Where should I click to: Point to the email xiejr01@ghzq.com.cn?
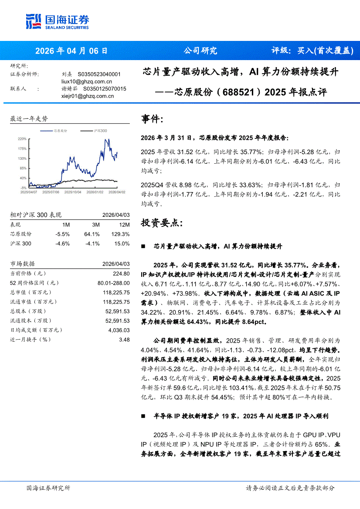click(88, 96)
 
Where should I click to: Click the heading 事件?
click(153, 119)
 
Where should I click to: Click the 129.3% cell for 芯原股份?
click(120, 234)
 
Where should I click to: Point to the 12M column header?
click(124, 225)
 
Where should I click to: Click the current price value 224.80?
click(121, 273)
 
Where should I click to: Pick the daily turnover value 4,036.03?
click(118, 330)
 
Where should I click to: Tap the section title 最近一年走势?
click(29, 118)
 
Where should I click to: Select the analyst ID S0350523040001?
click(99, 74)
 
